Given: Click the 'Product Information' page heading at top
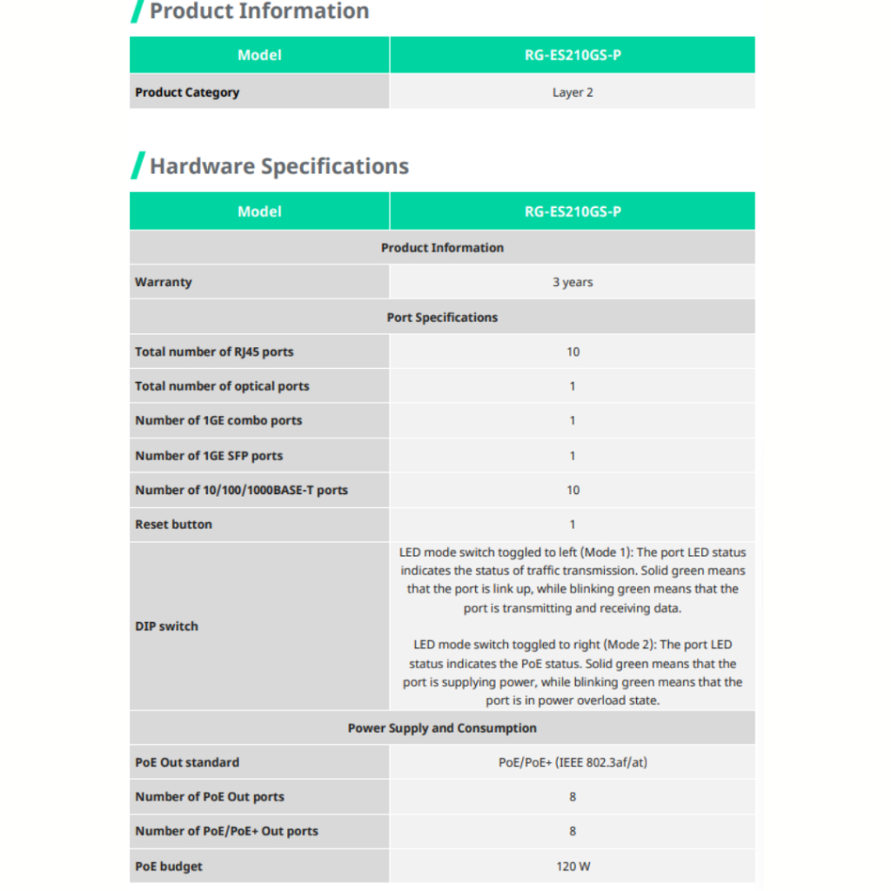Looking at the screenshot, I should point(259,11).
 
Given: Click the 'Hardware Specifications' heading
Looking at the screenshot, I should point(279,166).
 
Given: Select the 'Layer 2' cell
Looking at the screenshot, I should point(573,92).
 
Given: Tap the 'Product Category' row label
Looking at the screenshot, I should point(187,92).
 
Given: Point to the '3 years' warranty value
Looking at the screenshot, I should point(573,282).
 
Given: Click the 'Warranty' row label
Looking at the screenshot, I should point(164,282).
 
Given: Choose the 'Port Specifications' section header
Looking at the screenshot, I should point(442,318).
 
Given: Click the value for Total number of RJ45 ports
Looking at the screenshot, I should point(573,352).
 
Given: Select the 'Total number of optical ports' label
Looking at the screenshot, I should point(222,386).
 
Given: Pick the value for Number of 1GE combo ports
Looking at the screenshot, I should point(573,420).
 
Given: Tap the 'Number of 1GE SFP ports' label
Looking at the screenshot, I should point(209,455).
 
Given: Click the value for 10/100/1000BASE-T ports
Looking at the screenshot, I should point(573,490).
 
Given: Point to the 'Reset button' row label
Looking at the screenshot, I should point(173,525).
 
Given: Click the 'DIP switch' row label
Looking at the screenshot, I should point(166,626).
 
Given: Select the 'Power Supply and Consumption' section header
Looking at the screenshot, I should point(442,728).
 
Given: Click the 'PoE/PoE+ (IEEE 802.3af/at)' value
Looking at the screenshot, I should point(573,762).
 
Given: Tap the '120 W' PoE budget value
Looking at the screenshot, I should point(573,867).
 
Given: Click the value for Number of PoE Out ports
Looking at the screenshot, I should point(573,797).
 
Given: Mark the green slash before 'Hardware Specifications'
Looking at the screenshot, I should point(137,165).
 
